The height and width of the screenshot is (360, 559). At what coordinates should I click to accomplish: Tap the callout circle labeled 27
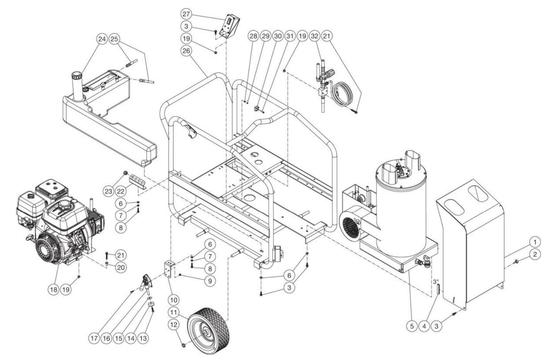point(186,14)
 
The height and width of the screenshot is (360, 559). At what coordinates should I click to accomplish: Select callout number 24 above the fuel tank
point(102,39)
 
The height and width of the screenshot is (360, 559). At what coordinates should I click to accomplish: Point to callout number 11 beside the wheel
point(174,312)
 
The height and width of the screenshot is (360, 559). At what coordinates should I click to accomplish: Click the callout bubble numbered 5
point(412,326)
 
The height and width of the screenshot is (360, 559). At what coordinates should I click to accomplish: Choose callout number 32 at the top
point(315,36)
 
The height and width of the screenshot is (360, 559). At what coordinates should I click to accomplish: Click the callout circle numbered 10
point(174,299)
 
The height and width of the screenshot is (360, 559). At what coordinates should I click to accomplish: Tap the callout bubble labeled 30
point(277,36)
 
